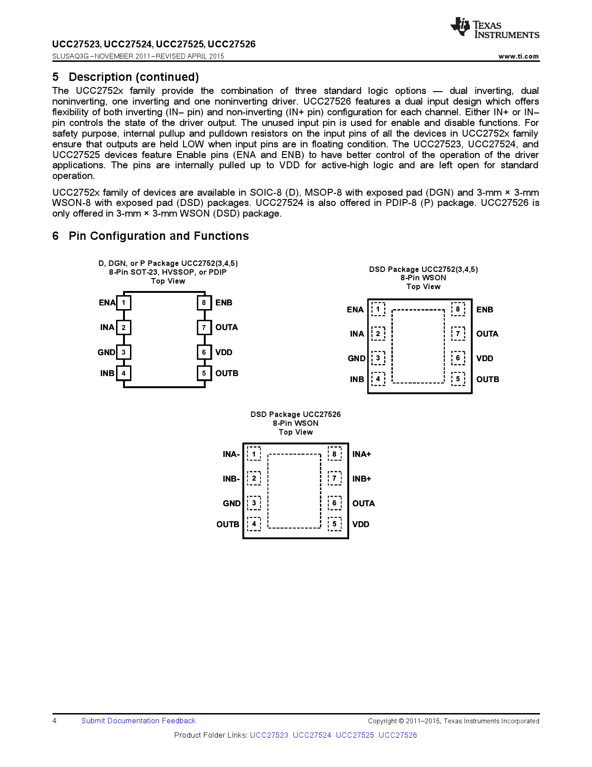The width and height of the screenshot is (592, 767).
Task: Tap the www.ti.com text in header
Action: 518,56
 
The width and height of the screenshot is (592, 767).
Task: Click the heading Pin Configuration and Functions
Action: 158,236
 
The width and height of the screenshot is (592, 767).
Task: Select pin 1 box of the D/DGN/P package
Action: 124,303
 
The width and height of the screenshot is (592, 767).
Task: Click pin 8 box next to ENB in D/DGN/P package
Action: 204,303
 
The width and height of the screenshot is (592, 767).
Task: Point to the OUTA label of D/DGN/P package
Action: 227,327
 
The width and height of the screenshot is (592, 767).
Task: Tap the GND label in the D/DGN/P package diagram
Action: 106,352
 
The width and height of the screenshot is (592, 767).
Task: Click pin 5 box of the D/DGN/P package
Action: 204,373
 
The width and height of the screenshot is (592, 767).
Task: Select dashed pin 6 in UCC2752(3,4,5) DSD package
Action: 458,358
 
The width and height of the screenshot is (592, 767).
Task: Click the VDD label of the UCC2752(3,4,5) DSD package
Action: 485,358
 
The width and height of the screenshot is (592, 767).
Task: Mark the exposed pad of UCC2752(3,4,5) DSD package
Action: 418,346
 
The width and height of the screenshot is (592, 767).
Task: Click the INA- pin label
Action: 231,454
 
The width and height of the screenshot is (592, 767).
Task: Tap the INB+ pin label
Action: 362,479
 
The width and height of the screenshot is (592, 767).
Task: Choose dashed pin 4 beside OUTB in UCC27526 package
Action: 254,524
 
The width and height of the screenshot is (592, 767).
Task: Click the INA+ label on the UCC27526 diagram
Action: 362,454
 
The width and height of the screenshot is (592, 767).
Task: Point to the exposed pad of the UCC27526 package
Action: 294,491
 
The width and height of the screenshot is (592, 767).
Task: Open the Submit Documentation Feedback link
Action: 138,721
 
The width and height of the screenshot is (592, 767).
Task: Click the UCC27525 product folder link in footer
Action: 355,735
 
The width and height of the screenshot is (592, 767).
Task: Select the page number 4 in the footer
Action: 55,721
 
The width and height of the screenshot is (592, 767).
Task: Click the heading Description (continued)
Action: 134,77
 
